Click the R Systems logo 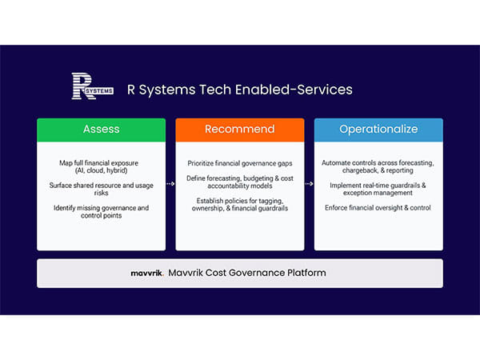pyautogui.click(x=91, y=87)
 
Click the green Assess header pyautogui.click(x=101, y=129)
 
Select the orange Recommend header pyautogui.click(x=239, y=129)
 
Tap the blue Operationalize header pyautogui.click(x=378, y=129)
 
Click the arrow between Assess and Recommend pyautogui.click(x=170, y=184)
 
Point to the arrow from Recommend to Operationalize pyautogui.click(x=309, y=184)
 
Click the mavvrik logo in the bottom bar pyautogui.click(x=146, y=273)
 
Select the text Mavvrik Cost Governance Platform pyautogui.click(x=247, y=273)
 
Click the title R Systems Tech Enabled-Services pyautogui.click(x=240, y=89)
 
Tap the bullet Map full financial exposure pyautogui.click(x=101, y=162)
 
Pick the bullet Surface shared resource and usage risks pyautogui.click(x=101, y=190)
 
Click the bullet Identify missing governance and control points pyautogui.click(x=101, y=212)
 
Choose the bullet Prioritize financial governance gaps pyautogui.click(x=239, y=162)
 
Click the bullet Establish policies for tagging pyautogui.click(x=239, y=204)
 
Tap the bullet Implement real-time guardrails pyautogui.click(x=378, y=189)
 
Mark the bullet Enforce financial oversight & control pyautogui.click(x=378, y=208)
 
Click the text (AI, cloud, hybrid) pyautogui.click(x=101, y=170)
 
